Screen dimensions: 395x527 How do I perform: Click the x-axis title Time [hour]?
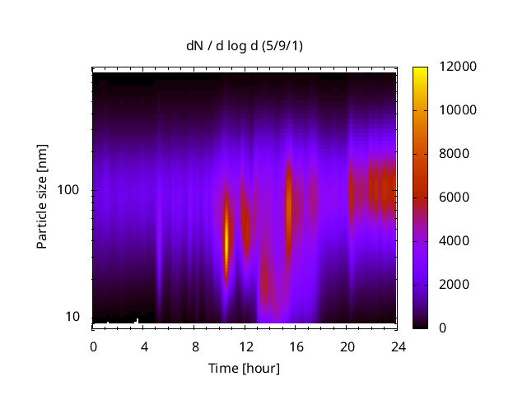pos(243,368)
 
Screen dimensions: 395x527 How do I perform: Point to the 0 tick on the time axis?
pos(93,346)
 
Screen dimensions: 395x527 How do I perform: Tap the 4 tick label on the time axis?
pos(144,346)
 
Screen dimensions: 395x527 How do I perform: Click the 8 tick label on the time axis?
pos(195,346)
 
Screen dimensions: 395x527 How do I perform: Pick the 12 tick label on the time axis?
pos(246,346)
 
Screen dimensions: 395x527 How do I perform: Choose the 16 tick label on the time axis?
pos(296,346)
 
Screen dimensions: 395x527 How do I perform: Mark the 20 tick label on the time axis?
pos(347,346)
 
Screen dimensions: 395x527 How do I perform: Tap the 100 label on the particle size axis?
pos(70,190)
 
